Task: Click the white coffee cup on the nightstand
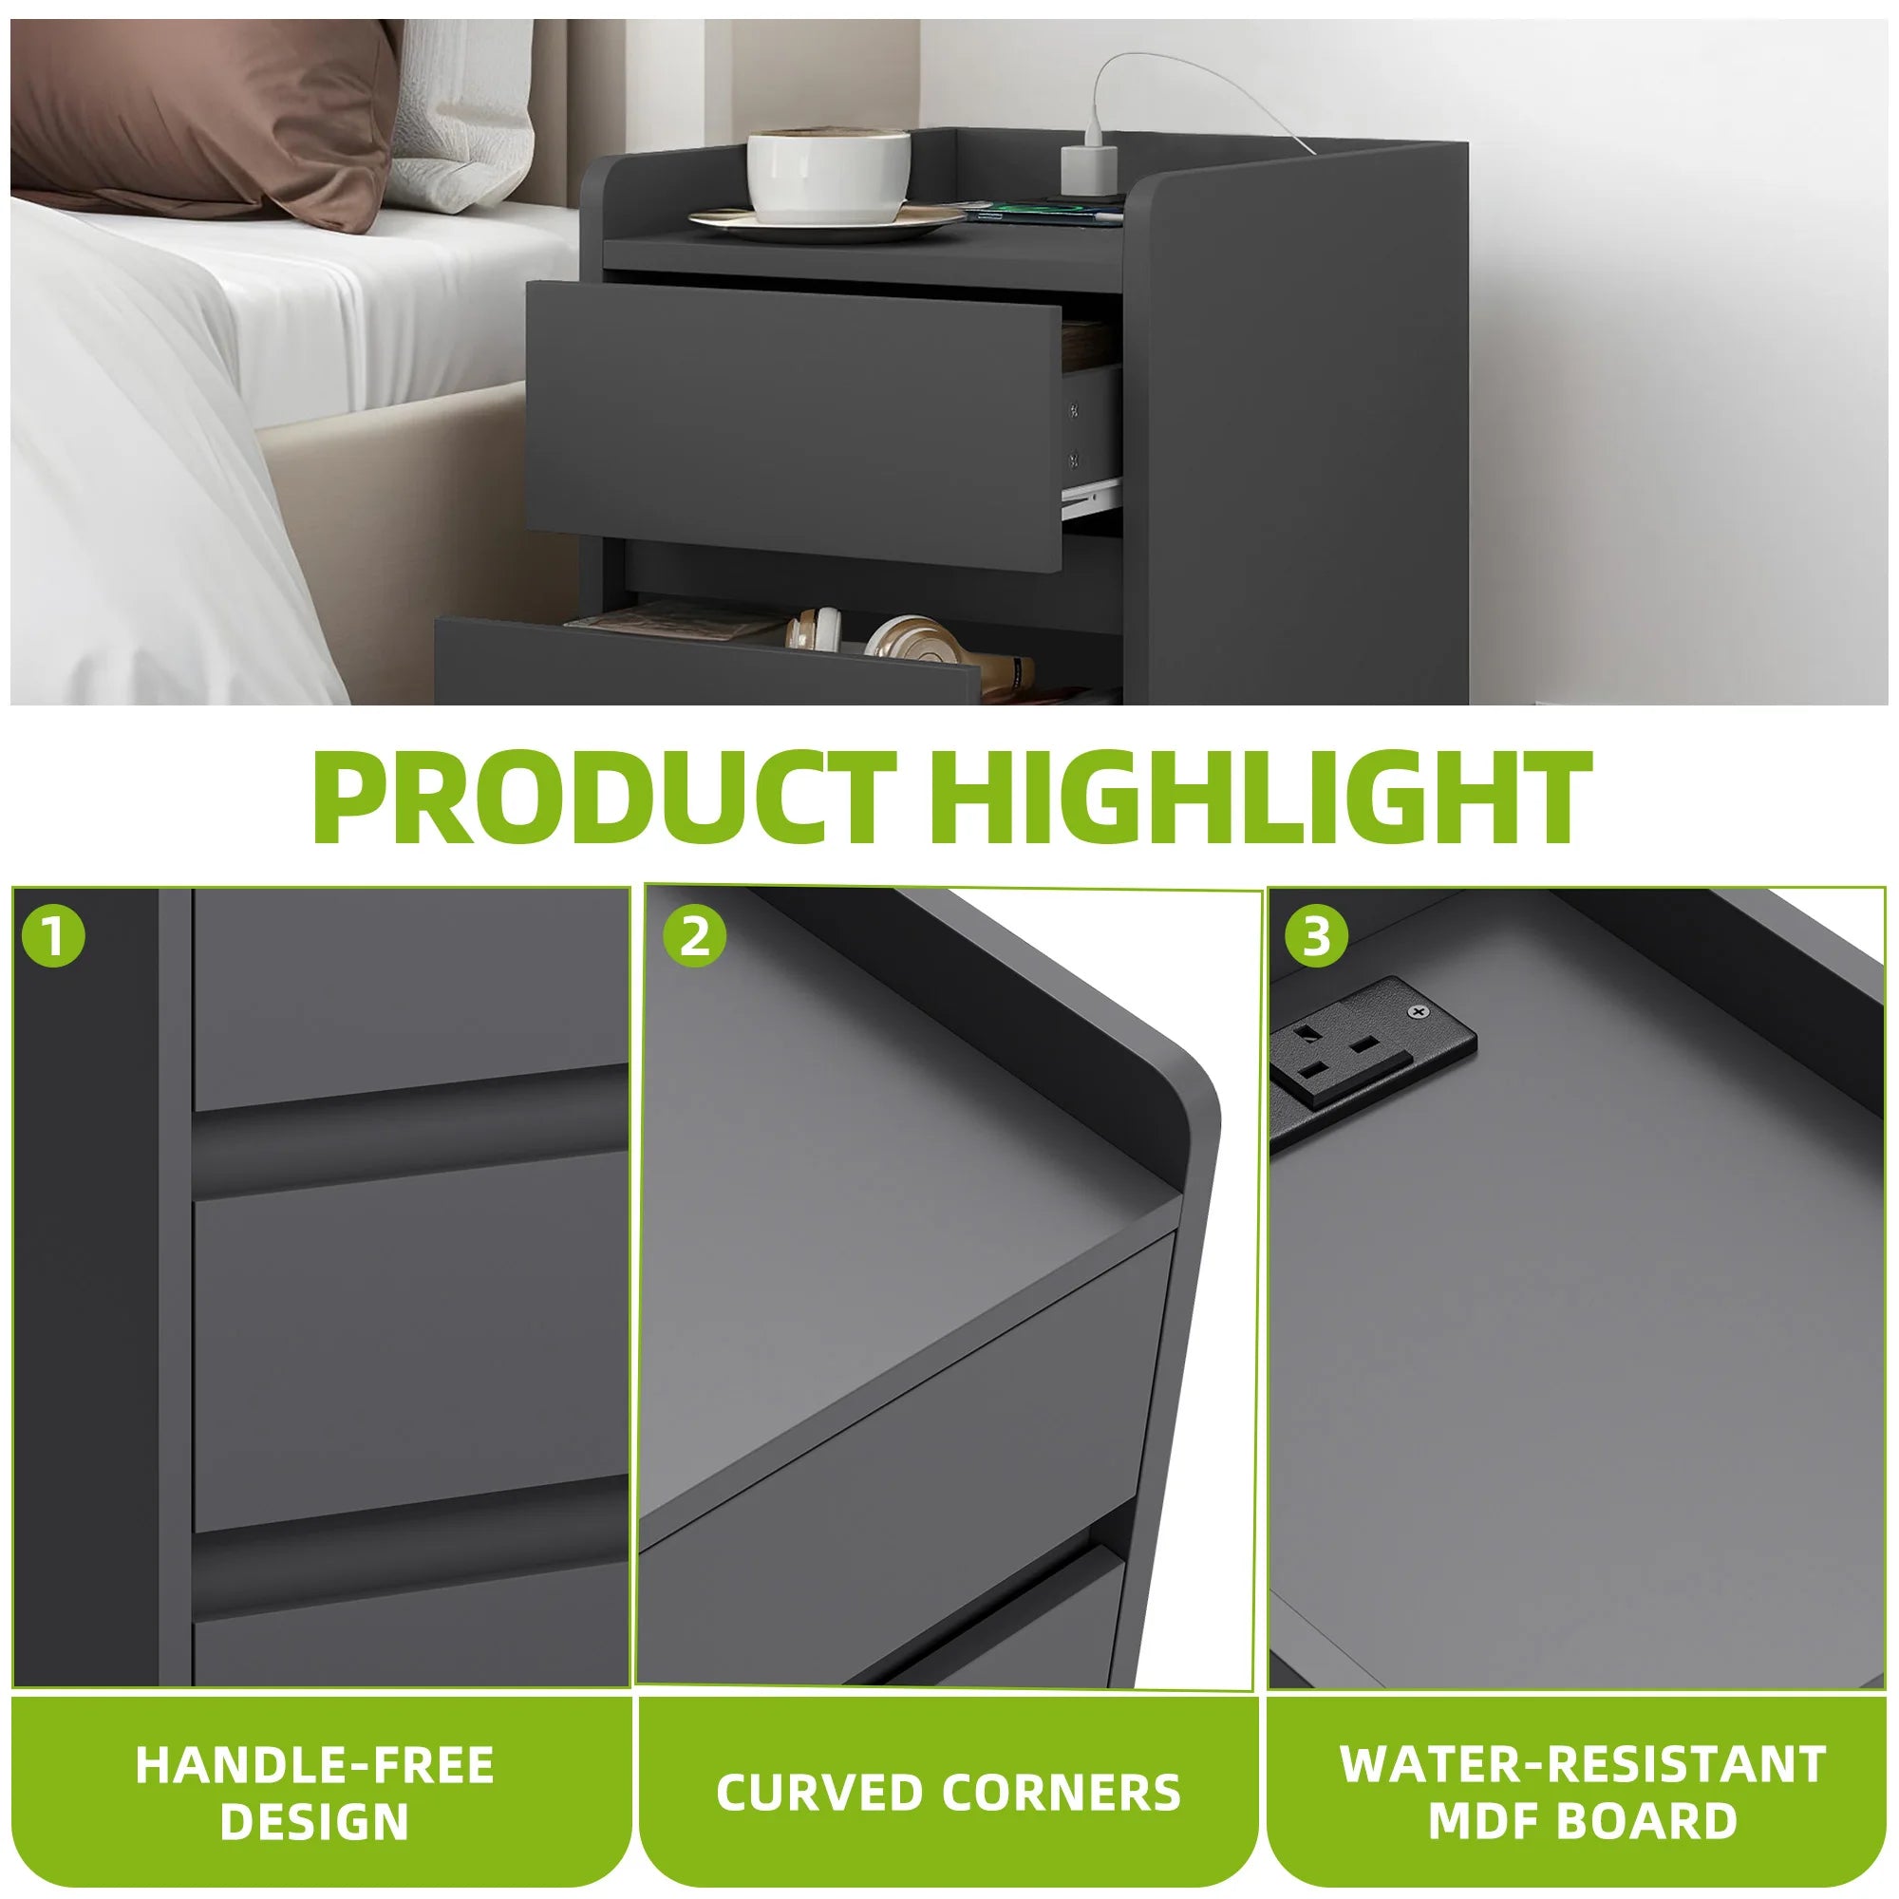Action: pyautogui.click(x=828, y=175)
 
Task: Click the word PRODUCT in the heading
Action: pyautogui.click(x=604, y=798)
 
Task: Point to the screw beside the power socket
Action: pyautogui.click(x=1417, y=1011)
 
